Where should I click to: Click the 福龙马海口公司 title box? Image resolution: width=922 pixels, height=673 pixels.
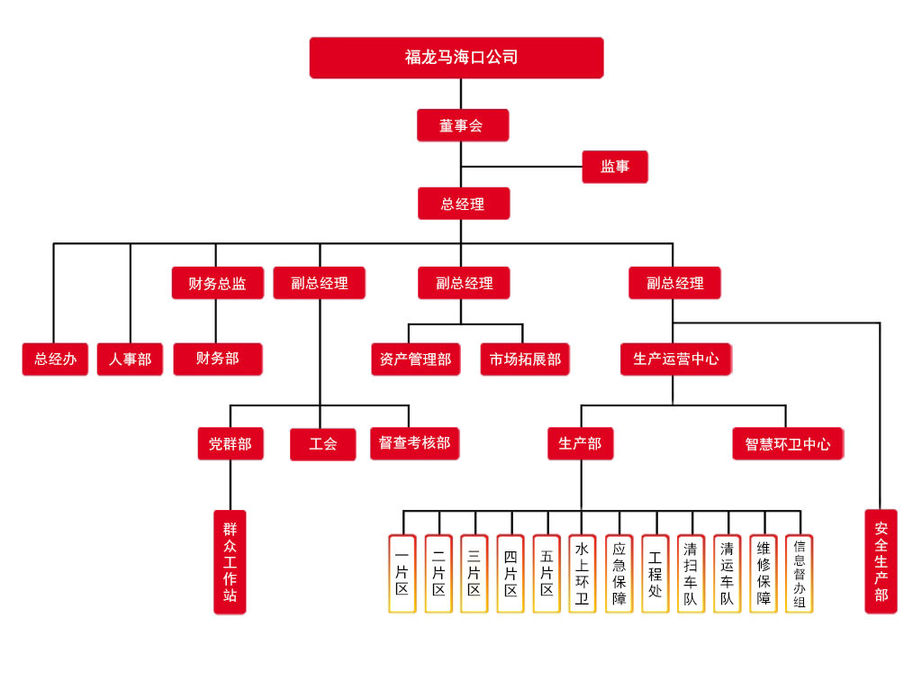click(x=456, y=58)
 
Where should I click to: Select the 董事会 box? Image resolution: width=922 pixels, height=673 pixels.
click(x=462, y=125)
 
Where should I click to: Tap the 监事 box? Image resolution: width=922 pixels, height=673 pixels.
click(x=615, y=167)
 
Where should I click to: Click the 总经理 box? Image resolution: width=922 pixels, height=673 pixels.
click(x=463, y=204)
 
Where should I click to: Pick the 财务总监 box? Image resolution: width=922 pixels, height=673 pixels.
click(x=217, y=283)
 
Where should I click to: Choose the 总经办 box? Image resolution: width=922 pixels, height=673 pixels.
click(x=55, y=359)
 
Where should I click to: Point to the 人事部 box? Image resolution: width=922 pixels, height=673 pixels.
click(x=131, y=359)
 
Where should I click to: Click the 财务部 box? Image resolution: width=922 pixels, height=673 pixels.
click(x=218, y=359)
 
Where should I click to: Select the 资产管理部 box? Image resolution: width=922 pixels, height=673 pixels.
click(x=416, y=359)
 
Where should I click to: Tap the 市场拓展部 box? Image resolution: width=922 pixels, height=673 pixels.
click(x=525, y=359)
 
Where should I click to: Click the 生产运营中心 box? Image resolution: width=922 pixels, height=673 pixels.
click(x=675, y=359)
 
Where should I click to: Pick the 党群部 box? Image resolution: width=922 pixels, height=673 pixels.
click(x=230, y=443)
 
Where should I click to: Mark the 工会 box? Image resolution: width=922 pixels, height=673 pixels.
click(x=322, y=444)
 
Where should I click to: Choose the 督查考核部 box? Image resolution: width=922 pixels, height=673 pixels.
click(x=414, y=443)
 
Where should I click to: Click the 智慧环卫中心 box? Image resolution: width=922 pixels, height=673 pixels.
click(x=787, y=443)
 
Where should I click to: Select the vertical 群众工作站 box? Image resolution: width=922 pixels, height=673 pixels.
click(x=230, y=562)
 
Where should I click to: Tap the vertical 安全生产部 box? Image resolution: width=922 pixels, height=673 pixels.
click(x=881, y=562)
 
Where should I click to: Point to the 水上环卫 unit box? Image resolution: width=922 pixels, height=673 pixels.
click(x=583, y=574)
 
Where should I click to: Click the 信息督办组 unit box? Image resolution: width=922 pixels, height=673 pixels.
click(x=799, y=574)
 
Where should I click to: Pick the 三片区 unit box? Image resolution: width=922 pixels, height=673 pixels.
click(x=475, y=574)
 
